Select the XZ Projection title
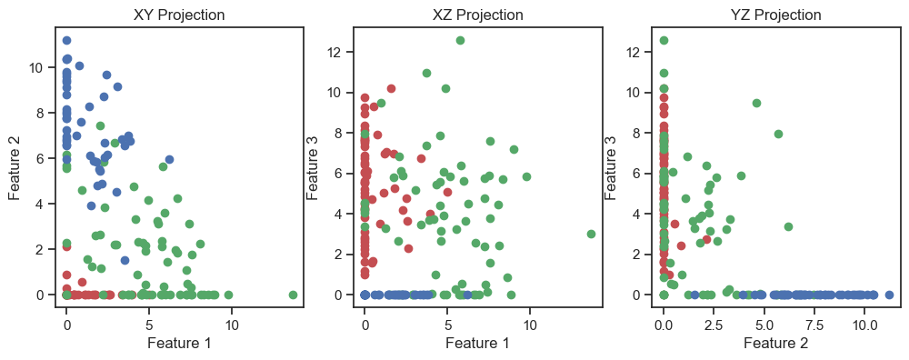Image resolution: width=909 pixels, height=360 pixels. coord(478,15)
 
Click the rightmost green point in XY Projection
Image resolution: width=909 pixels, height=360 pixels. coord(293,295)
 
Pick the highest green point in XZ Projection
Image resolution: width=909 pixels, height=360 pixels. coord(460,41)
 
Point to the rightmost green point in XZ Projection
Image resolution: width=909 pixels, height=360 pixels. coord(592,235)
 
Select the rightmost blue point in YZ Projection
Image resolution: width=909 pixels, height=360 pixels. coord(889,295)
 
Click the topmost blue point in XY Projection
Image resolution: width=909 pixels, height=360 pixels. coord(66,41)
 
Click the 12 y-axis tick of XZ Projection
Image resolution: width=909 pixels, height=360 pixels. coord(340,52)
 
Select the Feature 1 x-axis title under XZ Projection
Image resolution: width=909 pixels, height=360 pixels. coord(478,344)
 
